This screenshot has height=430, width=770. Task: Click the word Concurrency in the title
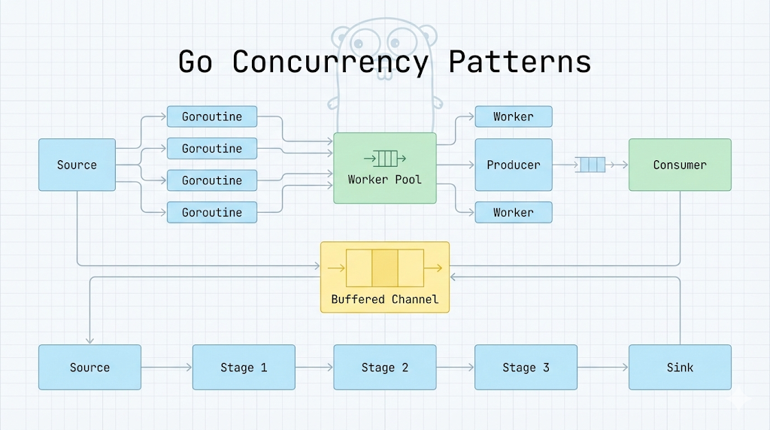(x=330, y=62)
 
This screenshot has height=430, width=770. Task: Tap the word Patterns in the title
(x=520, y=62)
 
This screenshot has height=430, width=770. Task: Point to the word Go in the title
(x=196, y=62)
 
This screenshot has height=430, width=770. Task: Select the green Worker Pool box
(x=385, y=168)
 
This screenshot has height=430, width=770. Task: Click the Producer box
(x=514, y=165)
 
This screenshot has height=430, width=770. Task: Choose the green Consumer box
(x=680, y=165)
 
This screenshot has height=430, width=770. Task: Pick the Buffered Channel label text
(x=385, y=299)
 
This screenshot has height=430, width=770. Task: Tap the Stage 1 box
(x=244, y=368)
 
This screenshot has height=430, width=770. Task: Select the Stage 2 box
(x=385, y=368)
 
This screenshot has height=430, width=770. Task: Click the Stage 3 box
(x=526, y=368)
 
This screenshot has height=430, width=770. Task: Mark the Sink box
(x=680, y=368)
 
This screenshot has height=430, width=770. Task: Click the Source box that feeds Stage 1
(x=89, y=368)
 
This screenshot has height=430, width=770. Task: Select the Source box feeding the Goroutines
(x=77, y=165)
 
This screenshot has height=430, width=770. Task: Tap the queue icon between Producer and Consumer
(x=590, y=165)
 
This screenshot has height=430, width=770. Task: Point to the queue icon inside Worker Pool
(x=385, y=158)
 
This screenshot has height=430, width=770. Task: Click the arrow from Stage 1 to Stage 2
(x=314, y=368)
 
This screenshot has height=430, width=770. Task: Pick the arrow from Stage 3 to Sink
(x=603, y=368)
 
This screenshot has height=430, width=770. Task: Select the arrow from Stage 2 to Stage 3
(x=455, y=368)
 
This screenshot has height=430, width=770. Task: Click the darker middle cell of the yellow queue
(x=385, y=267)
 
